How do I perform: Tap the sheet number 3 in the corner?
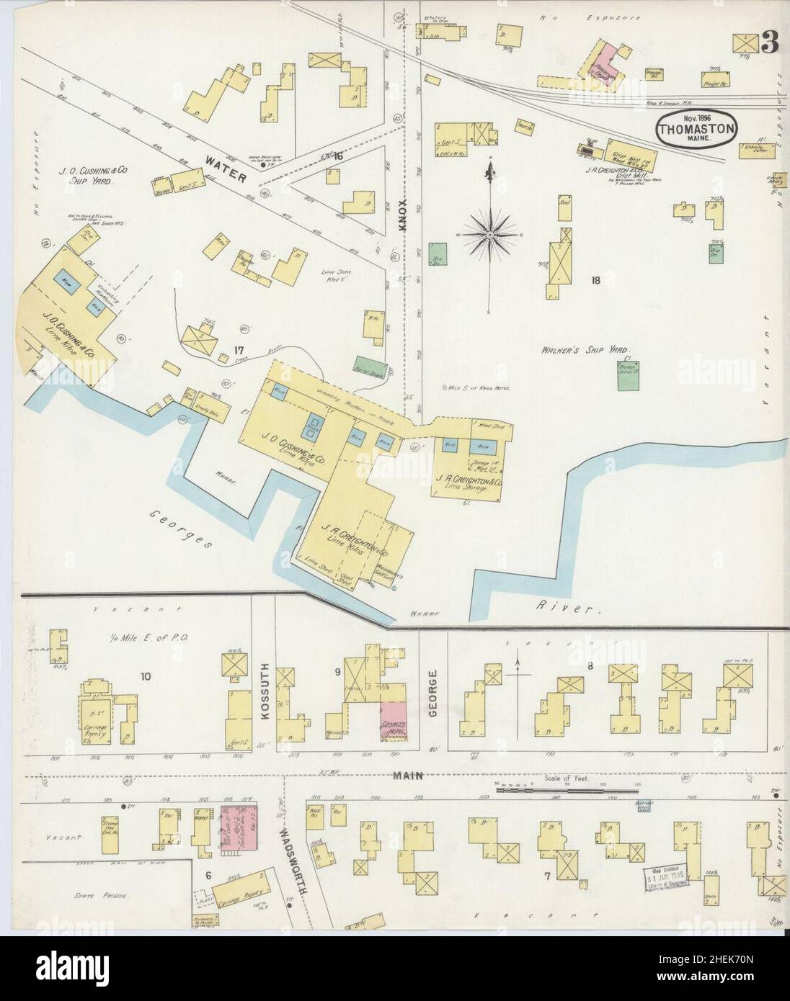coord(769,44)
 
